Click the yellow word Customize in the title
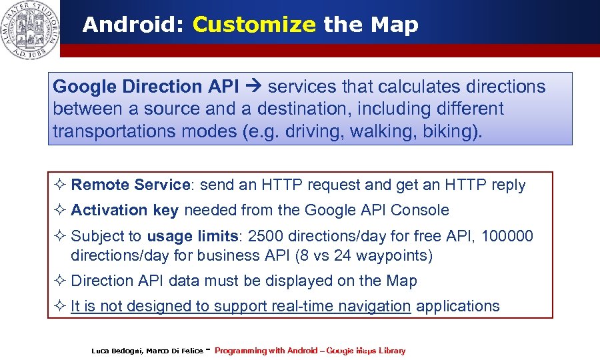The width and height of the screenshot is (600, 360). tap(253, 25)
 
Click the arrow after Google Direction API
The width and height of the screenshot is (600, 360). tap(255, 87)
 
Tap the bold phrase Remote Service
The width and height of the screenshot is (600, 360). tap(131, 185)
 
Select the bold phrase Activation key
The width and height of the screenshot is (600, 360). tap(125, 210)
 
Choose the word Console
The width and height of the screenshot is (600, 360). tap(420, 210)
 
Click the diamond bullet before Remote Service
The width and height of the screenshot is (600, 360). tap(59, 185)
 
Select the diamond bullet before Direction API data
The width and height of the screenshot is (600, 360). tap(59, 281)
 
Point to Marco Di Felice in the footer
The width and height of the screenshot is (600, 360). tap(174, 351)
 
